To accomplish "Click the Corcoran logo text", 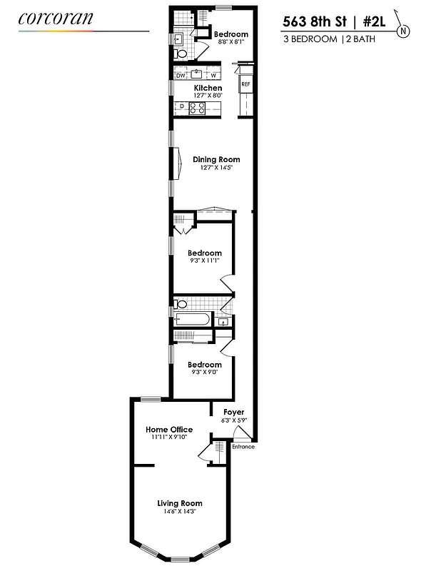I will point(56,19).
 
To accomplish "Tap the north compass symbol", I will point(405,30).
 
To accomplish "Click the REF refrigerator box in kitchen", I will point(245,84).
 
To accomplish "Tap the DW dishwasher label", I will point(181,76).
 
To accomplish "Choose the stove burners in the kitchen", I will point(198,108).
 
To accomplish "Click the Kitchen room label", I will point(208,88).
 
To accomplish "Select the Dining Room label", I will point(216,159).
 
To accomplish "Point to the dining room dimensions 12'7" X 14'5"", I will point(216,167).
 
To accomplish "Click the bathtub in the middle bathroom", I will point(193,318).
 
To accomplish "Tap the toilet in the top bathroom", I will point(181,53).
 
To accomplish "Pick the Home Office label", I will point(169,429).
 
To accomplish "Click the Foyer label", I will point(233,412).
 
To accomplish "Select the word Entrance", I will point(243,447).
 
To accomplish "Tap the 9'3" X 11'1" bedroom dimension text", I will point(204,261).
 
